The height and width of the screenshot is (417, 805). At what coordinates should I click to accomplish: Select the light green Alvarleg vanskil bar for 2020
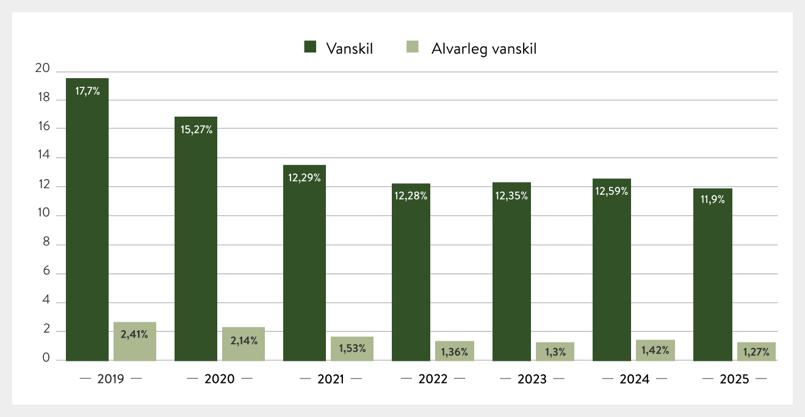(x=244, y=344)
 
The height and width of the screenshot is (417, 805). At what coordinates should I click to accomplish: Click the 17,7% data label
(x=87, y=92)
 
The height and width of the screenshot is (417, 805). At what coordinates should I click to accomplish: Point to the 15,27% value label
(x=196, y=129)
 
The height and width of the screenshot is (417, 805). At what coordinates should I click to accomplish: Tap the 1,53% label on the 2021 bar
(x=352, y=349)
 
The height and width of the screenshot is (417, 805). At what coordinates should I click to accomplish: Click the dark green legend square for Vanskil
(x=310, y=48)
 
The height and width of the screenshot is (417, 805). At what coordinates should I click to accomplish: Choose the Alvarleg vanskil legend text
(x=484, y=49)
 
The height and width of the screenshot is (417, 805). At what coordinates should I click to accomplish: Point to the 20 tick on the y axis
(x=42, y=69)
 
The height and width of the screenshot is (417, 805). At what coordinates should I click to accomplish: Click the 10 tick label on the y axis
(x=42, y=215)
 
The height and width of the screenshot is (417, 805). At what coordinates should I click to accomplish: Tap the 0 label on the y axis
(x=45, y=360)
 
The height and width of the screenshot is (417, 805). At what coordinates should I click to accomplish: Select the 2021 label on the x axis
(x=331, y=379)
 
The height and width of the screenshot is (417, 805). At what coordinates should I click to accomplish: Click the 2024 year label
(x=634, y=379)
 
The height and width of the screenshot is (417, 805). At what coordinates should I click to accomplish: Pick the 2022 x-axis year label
(x=433, y=379)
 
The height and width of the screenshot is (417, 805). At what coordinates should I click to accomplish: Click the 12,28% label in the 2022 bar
(x=410, y=196)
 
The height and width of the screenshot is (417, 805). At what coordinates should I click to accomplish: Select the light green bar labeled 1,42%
(x=655, y=350)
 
